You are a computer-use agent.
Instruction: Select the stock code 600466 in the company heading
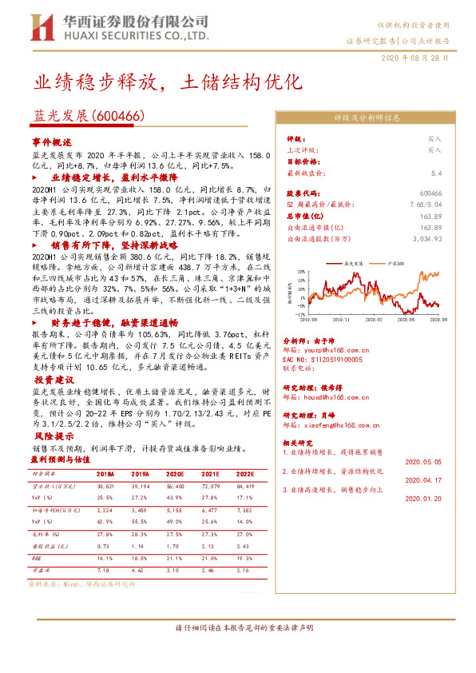[119, 115]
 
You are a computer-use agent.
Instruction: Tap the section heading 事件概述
[52, 140]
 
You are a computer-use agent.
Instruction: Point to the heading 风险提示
[52, 438]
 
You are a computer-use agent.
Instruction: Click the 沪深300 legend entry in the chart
[393, 262]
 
